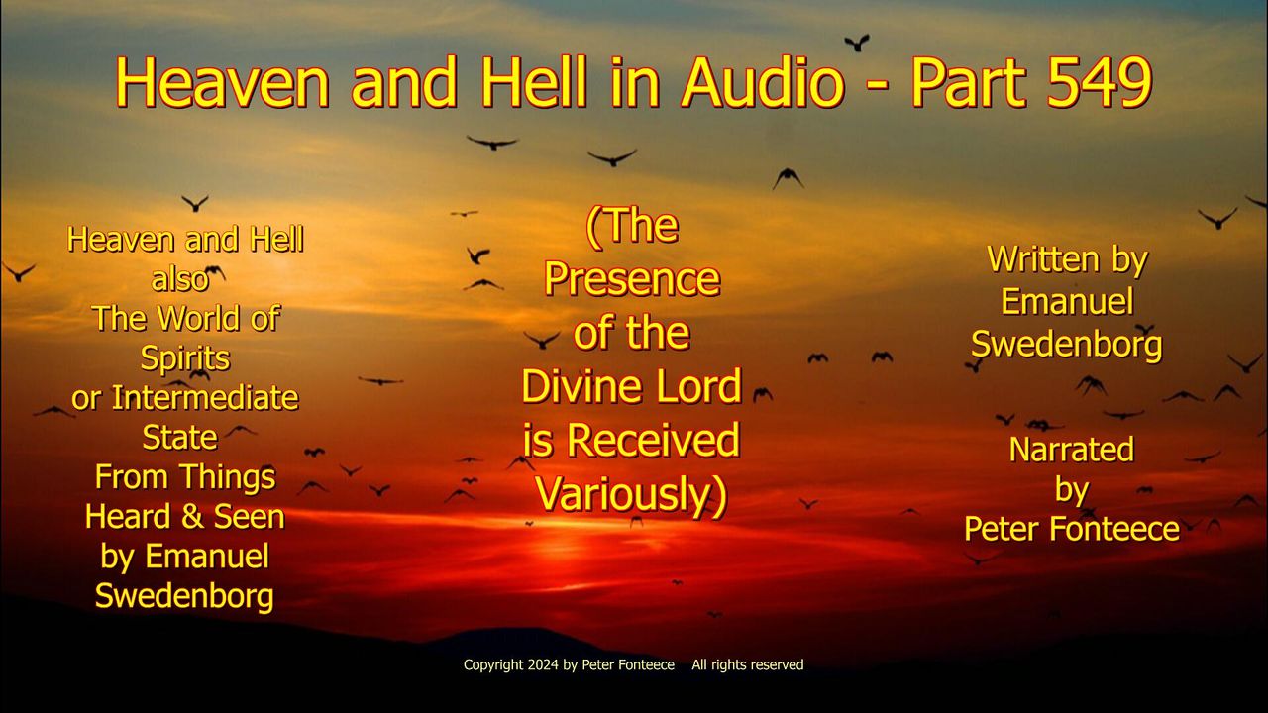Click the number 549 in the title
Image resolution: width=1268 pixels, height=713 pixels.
(1100, 82)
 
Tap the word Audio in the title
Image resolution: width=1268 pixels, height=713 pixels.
(763, 82)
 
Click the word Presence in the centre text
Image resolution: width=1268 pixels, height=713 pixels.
(632, 279)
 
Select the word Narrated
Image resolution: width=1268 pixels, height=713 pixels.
(1072, 450)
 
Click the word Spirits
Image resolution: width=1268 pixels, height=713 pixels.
(185, 358)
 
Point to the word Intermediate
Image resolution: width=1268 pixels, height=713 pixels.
(205, 398)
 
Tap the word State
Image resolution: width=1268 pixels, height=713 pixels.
(180, 438)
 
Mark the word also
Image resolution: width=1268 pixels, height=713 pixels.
(180, 279)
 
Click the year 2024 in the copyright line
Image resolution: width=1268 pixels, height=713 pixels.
(543, 664)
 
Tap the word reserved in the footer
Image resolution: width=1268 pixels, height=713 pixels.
(780, 664)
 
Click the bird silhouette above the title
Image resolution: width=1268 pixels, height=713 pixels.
(857, 43)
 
